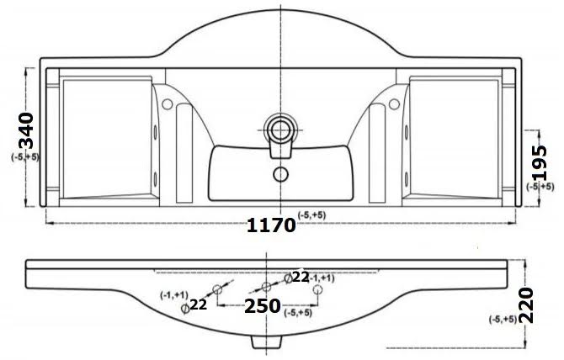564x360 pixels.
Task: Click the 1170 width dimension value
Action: point(270,225)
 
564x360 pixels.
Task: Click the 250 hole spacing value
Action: point(262,307)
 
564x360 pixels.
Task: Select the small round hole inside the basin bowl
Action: point(279,175)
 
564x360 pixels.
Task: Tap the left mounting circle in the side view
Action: point(217,289)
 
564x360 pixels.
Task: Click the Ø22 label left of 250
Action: point(195,306)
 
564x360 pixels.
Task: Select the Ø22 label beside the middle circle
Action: point(296,277)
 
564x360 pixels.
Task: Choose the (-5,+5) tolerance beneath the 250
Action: point(298,313)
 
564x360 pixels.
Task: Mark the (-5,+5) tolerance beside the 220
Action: point(503,319)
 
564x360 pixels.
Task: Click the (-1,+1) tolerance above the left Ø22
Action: point(174,294)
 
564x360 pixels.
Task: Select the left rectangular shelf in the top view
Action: point(104,136)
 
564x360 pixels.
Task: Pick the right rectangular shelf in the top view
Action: point(452,136)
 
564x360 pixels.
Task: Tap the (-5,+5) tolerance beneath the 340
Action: point(25,157)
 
